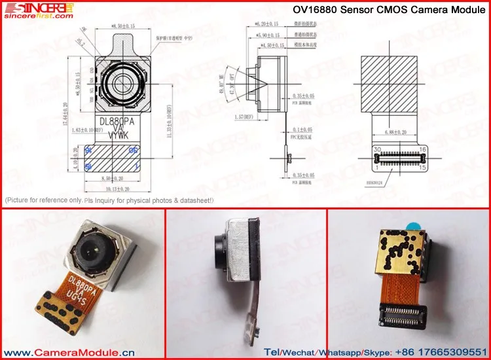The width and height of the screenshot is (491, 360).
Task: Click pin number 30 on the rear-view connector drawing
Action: pyautogui.click(x=377, y=150)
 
